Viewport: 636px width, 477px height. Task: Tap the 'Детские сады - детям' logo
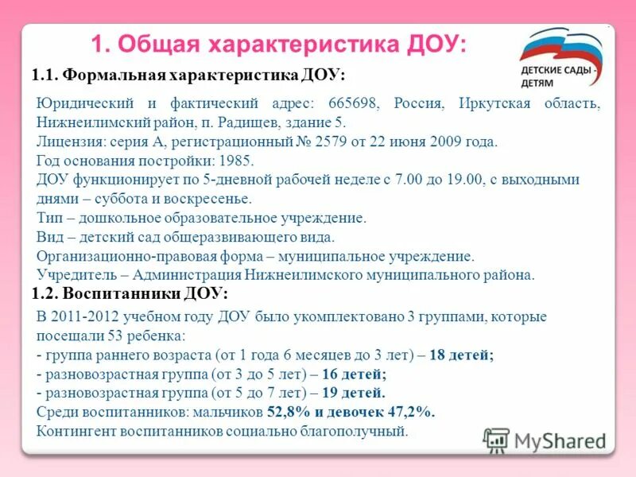coord(560,60)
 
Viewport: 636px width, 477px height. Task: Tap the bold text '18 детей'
coord(461,355)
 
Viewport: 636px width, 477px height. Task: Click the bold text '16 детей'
coord(352,374)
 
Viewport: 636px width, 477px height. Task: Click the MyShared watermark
coord(545,440)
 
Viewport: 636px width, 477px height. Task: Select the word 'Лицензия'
coord(66,142)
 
